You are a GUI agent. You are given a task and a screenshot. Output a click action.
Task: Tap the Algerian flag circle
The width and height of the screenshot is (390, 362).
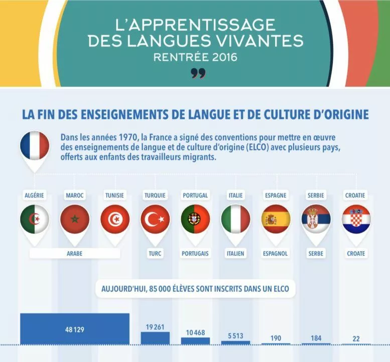pos(35,219)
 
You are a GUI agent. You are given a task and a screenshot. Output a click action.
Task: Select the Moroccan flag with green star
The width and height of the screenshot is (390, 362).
pos(75,219)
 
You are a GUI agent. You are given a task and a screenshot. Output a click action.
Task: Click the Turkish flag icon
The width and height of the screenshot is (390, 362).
pos(155,219)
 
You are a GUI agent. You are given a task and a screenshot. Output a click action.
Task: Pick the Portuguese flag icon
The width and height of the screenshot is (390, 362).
pos(195,219)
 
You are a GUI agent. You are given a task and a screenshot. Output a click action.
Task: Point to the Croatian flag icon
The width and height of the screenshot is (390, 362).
pos(356,219)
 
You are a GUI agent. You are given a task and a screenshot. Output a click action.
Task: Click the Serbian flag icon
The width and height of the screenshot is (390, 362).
pos(316,219)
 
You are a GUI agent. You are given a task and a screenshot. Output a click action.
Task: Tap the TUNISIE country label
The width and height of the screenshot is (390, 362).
pos(114,195)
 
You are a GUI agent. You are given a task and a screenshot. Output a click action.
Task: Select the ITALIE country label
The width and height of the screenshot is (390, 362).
pos(235,195)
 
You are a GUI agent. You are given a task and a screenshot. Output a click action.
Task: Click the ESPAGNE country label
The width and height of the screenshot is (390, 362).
pos(276,195)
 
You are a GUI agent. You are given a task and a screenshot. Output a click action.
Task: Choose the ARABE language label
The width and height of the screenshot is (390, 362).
pos(75,253)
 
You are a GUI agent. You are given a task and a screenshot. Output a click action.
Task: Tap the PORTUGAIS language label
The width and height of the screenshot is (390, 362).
pos(195,253)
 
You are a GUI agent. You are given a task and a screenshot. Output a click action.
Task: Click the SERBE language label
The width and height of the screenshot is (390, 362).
pos(316,253)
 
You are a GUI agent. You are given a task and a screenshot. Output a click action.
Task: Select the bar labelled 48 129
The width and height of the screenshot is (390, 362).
pos(75,329)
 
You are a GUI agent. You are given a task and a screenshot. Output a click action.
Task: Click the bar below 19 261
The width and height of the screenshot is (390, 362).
pos(155,338)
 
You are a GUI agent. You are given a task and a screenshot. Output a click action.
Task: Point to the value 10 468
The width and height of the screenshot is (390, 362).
pos(195,333)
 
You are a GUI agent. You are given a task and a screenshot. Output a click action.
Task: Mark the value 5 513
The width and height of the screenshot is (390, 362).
pos(235,336)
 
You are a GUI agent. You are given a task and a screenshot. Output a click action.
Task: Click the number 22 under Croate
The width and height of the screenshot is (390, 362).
pos(356,338)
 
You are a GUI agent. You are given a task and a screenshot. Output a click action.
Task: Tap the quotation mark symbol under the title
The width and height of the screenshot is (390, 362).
pos(198,73)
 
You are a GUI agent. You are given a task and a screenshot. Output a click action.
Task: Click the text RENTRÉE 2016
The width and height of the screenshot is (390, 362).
pos(195,57)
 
